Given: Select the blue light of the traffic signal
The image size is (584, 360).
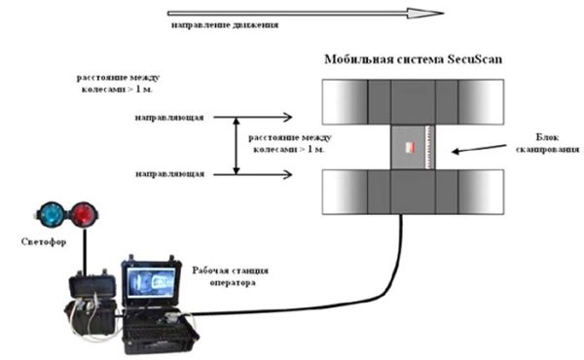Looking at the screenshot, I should point(47,213).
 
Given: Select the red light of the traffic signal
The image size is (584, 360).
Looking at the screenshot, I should point(79,213).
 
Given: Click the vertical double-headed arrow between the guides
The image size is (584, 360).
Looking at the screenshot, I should point(234,145).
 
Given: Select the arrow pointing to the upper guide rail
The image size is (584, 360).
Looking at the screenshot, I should point(263,118).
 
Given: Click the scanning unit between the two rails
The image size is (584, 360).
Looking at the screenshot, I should point(415,147).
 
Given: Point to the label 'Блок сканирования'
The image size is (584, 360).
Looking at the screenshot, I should point(551,145).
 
